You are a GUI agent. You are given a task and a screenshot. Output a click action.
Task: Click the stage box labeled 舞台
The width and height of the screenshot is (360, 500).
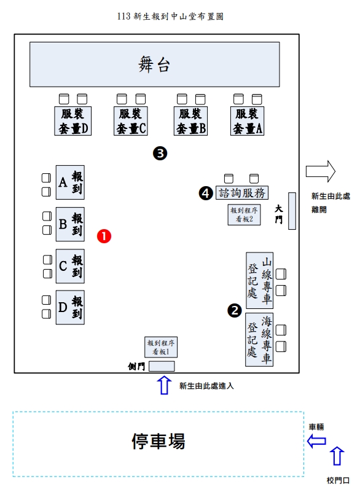155,64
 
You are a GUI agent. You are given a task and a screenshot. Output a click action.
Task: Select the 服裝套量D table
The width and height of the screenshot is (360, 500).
72,121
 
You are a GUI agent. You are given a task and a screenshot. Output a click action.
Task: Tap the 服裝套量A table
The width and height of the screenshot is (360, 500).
247,121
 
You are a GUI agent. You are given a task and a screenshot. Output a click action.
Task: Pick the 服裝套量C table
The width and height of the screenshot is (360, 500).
131,121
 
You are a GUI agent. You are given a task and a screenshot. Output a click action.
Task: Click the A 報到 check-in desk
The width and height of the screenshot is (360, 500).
70,182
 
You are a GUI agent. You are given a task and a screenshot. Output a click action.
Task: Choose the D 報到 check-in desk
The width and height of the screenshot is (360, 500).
70,307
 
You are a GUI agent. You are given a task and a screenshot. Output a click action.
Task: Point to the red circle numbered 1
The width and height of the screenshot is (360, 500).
104,236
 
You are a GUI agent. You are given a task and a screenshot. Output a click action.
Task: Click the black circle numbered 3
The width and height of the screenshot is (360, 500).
160,154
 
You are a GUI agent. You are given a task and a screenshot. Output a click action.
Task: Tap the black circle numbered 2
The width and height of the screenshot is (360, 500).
235,310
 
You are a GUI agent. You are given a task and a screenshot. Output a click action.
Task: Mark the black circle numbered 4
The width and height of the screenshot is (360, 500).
206,193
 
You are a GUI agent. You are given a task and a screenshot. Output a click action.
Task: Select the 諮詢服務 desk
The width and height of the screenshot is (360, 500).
242,193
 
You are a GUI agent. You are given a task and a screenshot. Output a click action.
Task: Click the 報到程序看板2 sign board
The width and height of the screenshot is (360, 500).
244,214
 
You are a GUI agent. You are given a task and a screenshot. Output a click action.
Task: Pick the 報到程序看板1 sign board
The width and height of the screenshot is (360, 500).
161,347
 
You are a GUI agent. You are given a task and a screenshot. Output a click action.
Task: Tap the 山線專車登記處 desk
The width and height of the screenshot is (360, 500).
260,280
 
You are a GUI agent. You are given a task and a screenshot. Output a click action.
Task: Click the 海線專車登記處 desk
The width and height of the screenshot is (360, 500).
259,340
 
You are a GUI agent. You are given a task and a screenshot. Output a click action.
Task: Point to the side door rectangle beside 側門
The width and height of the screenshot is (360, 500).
162,366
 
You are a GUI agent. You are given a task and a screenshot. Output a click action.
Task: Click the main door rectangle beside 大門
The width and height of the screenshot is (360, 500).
292,211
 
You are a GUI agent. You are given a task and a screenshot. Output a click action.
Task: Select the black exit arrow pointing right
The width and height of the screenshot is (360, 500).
321,171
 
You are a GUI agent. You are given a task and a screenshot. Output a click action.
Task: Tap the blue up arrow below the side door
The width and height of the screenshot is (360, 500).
164,385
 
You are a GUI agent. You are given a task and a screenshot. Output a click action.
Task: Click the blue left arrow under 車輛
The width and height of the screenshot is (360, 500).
316,441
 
